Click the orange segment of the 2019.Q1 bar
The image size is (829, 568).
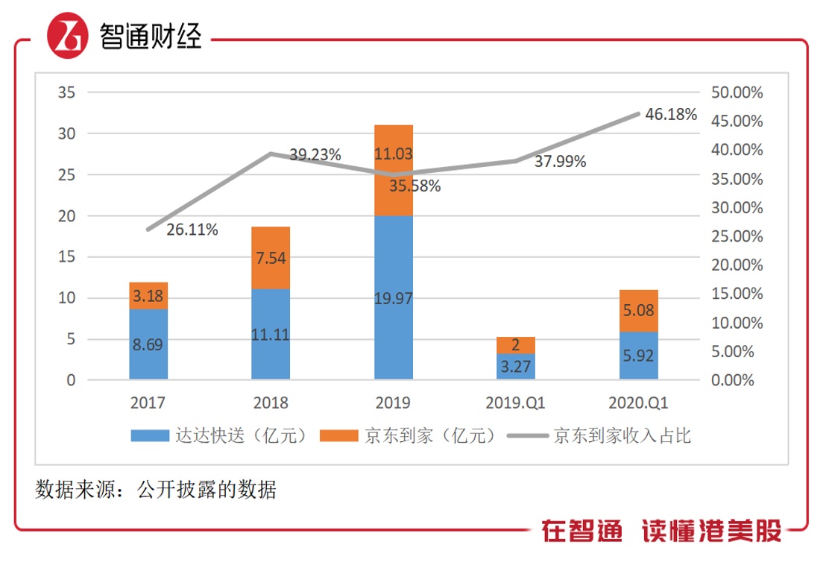pos(516,345)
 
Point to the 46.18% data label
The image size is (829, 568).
pos(672,115)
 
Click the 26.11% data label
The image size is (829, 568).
pos(192,230)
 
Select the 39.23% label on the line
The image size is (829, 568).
pos(315,155)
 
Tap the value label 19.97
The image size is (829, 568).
pos(393,298)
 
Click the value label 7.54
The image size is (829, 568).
pos(271,259)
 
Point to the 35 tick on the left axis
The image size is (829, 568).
pos(67,92)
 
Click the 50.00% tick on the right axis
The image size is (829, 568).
pos(737,92)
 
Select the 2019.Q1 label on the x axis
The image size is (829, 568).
pos(516,403)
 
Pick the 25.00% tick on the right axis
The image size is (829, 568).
pos(737,236)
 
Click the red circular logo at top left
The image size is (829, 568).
pos(67,37)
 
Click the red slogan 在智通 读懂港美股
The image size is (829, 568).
pos(661,531)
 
